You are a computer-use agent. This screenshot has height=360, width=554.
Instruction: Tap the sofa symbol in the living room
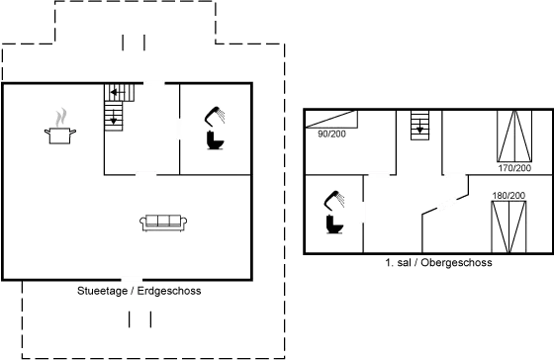click(165, 223)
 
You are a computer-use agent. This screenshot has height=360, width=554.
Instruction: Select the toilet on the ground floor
click(215, 130)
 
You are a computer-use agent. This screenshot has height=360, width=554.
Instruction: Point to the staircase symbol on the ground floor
click(120, 93)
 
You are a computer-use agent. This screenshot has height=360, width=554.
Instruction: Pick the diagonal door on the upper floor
click(442, 206)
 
